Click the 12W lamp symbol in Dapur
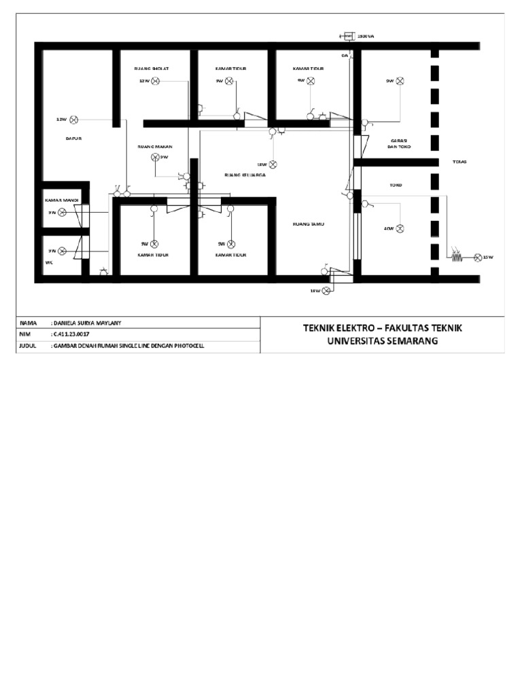point(76,120)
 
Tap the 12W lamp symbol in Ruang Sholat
point(155,81)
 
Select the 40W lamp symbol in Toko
point(400,229)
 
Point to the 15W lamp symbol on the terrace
point(477,257)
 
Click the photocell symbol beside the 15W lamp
point(455,257)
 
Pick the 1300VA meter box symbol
point(347,36)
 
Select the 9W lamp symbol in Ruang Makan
point(155,157)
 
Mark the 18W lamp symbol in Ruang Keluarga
point(273,164)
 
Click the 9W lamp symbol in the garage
point(400,81)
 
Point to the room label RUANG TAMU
point(304,222)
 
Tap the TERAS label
point(460,162)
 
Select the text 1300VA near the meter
point(365,36)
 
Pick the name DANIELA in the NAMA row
point(66,321)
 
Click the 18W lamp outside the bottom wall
point(326,291)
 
